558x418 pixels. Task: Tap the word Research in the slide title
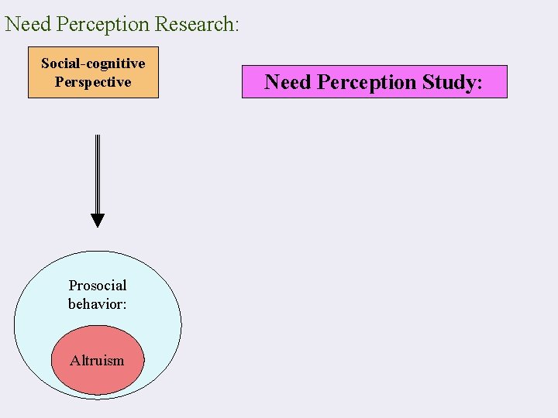coord(193,24)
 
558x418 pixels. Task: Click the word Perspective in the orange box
coord(93,82)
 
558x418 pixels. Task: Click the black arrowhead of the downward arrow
coord(97,220)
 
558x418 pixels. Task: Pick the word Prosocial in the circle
coord(98,286)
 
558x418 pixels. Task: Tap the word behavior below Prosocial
coord(95,304)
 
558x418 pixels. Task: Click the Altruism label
coord(97,360)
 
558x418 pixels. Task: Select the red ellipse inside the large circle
coord(98,379)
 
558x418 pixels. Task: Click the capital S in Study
coord(429,82)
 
